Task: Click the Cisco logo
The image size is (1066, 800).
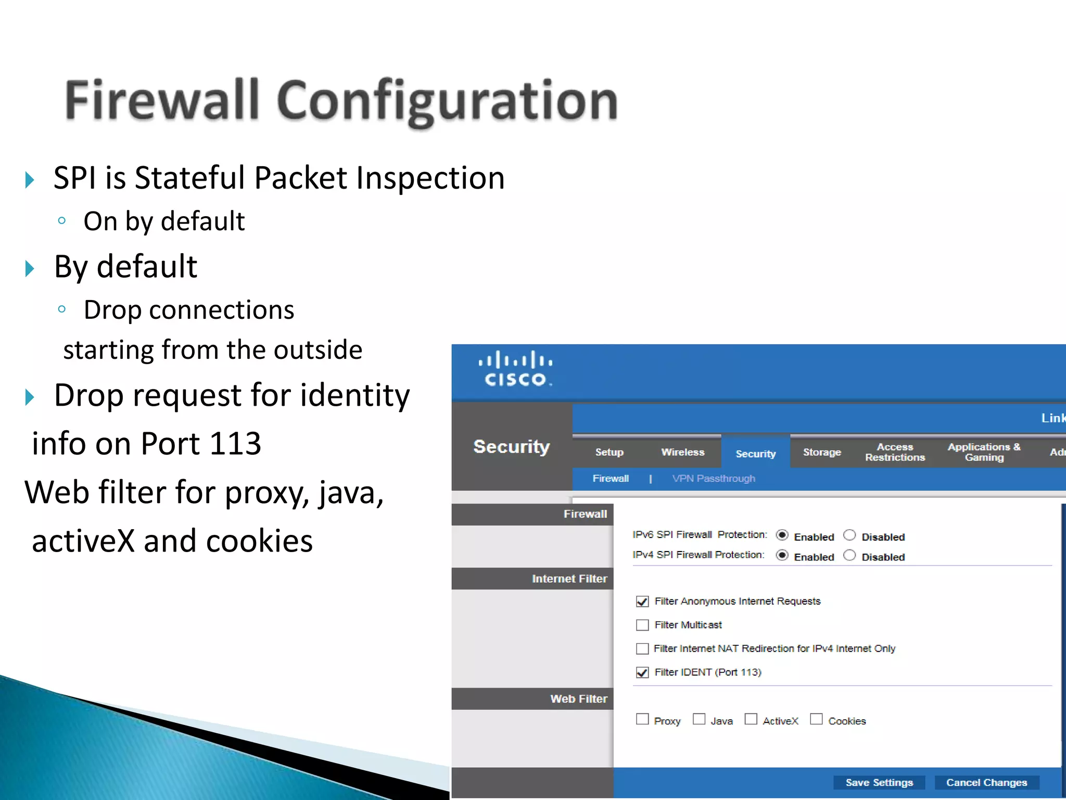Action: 515,369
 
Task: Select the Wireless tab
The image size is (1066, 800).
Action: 682,452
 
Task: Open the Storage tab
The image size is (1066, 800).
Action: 821,452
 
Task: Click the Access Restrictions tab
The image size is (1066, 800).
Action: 895,452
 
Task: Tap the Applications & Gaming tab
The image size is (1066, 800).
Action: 984,452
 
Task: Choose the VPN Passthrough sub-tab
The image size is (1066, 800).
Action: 713,478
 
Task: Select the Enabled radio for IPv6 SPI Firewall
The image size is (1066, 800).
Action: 782,535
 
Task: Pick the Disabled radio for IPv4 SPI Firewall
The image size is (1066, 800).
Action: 849,555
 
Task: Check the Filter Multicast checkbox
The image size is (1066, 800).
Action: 642,625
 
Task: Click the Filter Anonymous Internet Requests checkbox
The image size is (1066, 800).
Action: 642,602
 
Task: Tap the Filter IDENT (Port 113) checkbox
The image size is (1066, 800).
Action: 642,672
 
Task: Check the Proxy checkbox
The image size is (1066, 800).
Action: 642,719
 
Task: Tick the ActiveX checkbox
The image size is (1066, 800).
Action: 751,719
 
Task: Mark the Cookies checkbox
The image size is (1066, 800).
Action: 816,719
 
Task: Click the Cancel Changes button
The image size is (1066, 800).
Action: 986,782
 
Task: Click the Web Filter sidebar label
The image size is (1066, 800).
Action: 578,699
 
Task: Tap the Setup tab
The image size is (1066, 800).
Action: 609,452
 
